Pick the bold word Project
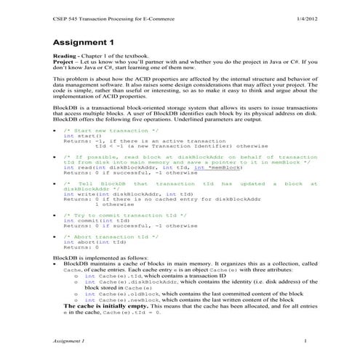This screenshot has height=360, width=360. pos(65,63)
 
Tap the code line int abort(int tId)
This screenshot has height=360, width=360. pos(89,242)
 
